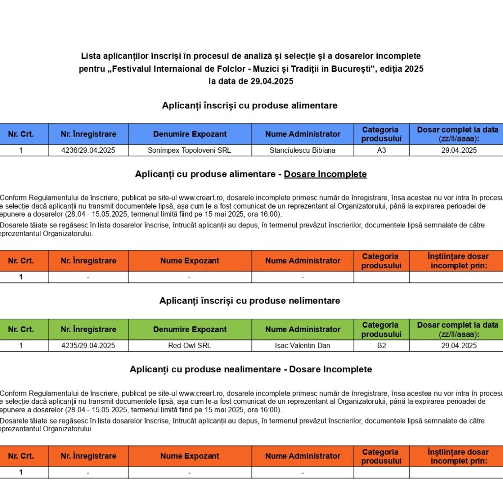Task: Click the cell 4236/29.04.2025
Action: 88,150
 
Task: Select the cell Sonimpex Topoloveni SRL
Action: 190,150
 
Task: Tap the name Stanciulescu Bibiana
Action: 303,150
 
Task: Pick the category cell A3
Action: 381,150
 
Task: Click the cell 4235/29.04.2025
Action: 88,345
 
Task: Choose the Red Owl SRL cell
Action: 190,345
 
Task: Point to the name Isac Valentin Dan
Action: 303,345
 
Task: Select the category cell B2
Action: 381,345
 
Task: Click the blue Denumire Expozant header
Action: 190,134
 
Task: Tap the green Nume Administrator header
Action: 303,329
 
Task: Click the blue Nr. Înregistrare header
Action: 88,134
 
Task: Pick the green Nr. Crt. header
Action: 21,329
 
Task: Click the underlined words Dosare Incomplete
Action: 325,174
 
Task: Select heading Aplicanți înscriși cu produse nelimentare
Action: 250,301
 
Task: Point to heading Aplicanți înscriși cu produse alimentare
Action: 250,105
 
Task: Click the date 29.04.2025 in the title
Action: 272,82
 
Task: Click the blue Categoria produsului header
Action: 381,134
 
